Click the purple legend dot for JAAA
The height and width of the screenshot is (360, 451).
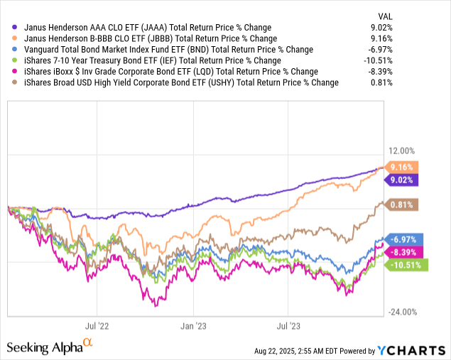8,26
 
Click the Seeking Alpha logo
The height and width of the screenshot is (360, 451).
50,347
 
